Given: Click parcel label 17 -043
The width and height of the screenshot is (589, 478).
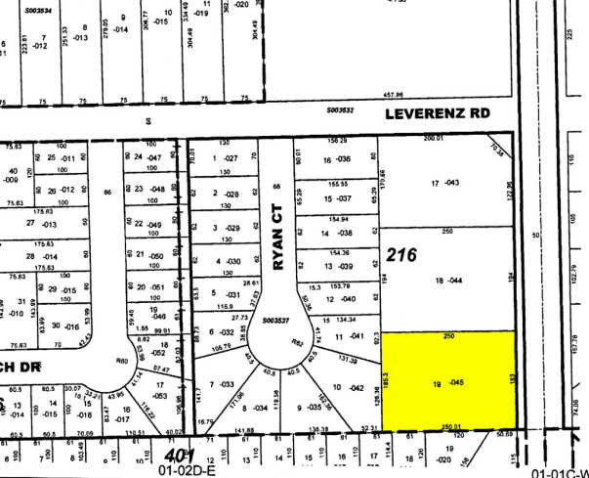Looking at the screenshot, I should pyautogui.click(x=444, y=184).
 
